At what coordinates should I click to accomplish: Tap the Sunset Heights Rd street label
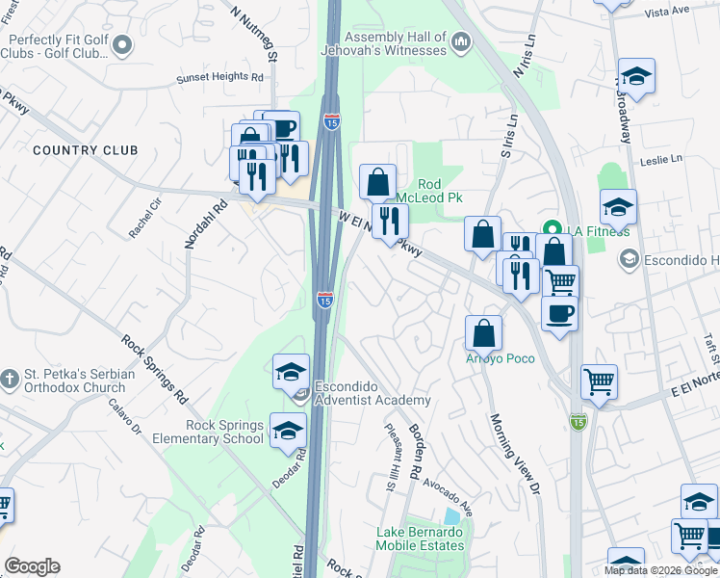click(219, 77)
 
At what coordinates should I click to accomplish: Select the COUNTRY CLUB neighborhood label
click(85, 150)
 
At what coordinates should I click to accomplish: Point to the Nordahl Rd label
click(205, 224)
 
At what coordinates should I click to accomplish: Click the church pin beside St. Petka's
click(9, 376)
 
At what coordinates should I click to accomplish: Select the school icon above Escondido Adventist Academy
click(291, 372)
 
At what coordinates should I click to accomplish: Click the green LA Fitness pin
click(553, 229)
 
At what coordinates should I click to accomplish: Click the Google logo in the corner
click(32, 566)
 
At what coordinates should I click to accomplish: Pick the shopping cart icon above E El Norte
click(598, 382)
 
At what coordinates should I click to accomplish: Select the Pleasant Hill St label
click(391, 458)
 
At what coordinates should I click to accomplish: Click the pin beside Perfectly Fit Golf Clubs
click(122, 44)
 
